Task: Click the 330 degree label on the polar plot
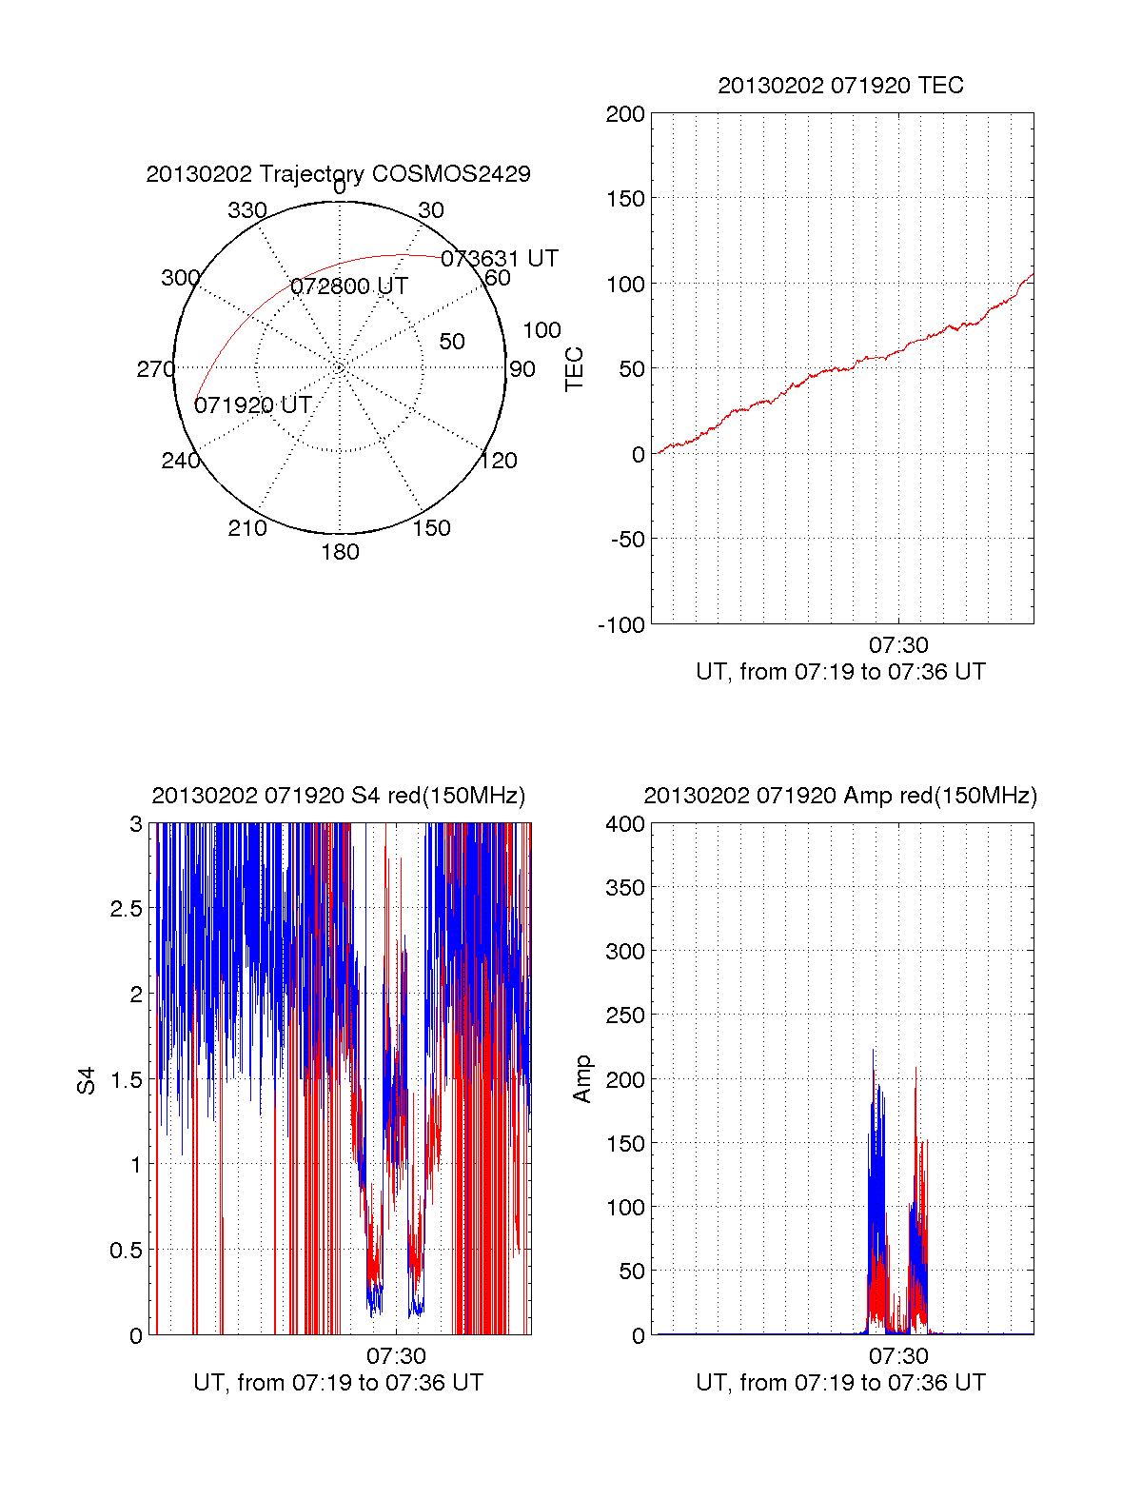pos(246,210)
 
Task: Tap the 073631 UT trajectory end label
pos(499,259)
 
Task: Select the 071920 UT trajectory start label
pos(253,405)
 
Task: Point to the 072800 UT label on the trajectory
pos(349,286)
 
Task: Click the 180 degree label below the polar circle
pos(340,552)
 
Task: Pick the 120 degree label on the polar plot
pos(498,461)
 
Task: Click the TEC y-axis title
pos(574,369)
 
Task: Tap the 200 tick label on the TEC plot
pos(625,114)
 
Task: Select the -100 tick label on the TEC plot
pos(621,625)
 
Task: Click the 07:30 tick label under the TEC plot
pos(898,646)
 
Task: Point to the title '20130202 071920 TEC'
pos(840,86)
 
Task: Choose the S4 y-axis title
pos(87,1080)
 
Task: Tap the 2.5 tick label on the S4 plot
pos(127,909)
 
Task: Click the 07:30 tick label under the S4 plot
pos(396,1356)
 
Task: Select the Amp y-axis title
pos(582,1079)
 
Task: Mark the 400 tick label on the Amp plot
pos(625,824)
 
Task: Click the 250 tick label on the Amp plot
pos(625,1016)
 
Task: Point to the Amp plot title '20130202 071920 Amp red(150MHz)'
pos(840,797)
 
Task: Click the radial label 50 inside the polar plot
pos(452,342)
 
